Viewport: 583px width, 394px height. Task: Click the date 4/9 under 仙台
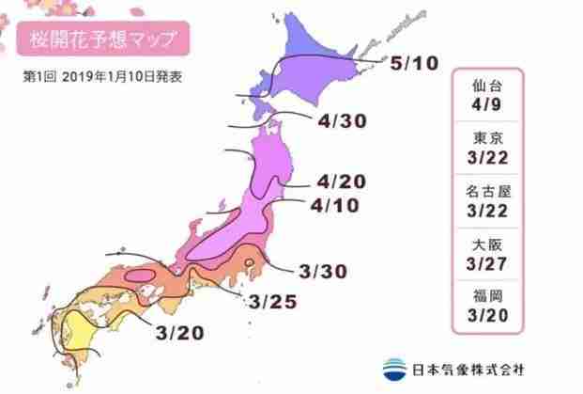499,105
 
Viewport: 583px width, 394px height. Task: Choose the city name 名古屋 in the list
499,192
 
